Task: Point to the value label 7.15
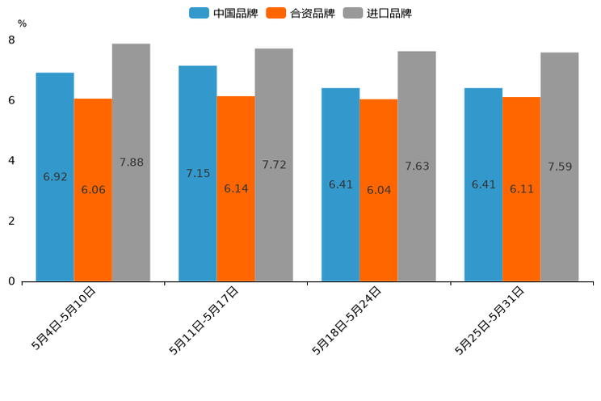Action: point(198,174)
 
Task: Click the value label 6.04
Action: point(379,190)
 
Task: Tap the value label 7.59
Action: point(560,167)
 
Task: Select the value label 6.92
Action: point(55,177)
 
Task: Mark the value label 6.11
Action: point(522,189)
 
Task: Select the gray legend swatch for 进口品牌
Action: point(353,13)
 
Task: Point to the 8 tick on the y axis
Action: point(11,40)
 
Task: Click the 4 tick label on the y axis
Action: point(11,161)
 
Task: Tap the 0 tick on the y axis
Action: point(11,281)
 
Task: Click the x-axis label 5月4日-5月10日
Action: point(65,319)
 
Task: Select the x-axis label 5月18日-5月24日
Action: point(349,320)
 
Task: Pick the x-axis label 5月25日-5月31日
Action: point(491,320)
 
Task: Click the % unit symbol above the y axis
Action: point(22,24)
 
